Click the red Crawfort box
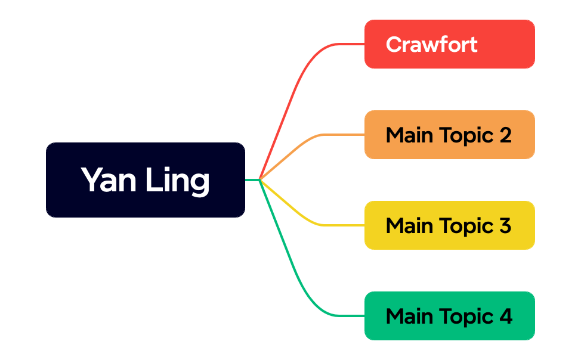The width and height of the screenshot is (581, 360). (449, 44)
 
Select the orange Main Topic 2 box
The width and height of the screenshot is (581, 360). (449, 135)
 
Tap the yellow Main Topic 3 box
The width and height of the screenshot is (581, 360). (449, 225)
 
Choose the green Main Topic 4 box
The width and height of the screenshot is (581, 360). (449, 316)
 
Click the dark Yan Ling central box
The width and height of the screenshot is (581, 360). (145, 179)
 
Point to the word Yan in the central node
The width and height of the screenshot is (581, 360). (107, 179)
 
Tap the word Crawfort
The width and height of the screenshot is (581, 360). (431, 44)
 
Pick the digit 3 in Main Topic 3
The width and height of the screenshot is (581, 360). (505, 226)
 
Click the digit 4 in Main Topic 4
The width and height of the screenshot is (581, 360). (505, 316)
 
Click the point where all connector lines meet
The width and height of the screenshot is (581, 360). (260, 179)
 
